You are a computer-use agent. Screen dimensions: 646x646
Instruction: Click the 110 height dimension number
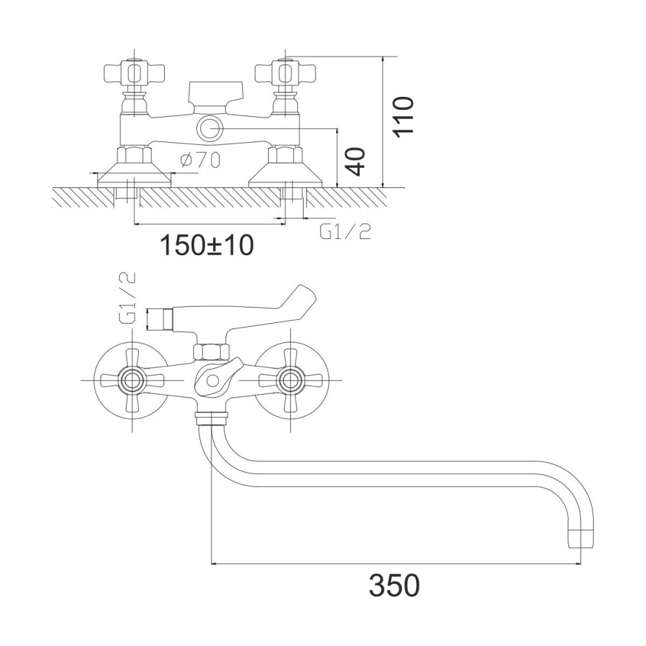pos(402,116)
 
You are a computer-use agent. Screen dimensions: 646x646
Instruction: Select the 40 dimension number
pos(354,162)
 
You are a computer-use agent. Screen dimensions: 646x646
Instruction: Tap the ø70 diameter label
pos(200,160)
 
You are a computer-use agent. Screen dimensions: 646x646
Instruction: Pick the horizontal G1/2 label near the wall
pos(345,232)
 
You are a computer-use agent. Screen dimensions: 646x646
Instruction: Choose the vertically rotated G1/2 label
pos(128,298)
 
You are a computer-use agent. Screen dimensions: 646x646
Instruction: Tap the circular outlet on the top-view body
pos(210,129)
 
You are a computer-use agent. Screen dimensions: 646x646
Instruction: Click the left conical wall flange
pos(134,174)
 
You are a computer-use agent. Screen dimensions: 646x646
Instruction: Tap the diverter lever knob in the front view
pos(216,377)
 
